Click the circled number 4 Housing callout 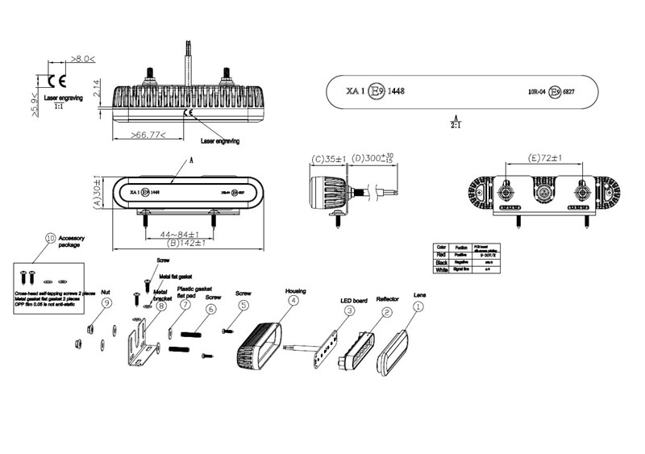[x=293, y=301]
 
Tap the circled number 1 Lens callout [x=418, y=306]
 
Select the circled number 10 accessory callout [x=51, y=239]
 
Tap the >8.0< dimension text [x=82, y=59]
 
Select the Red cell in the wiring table [x=441, y=255]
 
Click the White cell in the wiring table [x=441, y=271]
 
